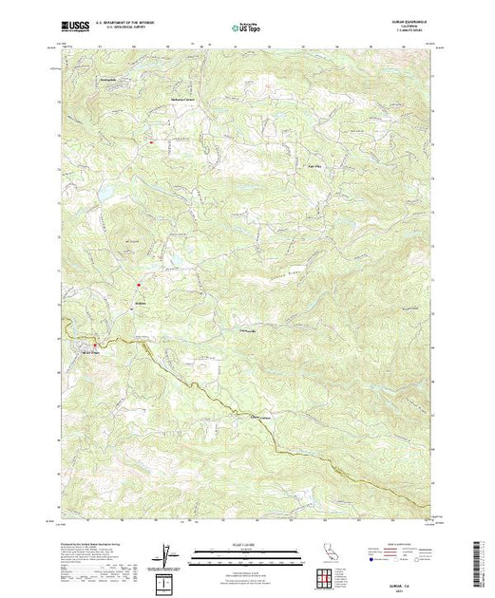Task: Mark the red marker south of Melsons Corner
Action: click(149, 141)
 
